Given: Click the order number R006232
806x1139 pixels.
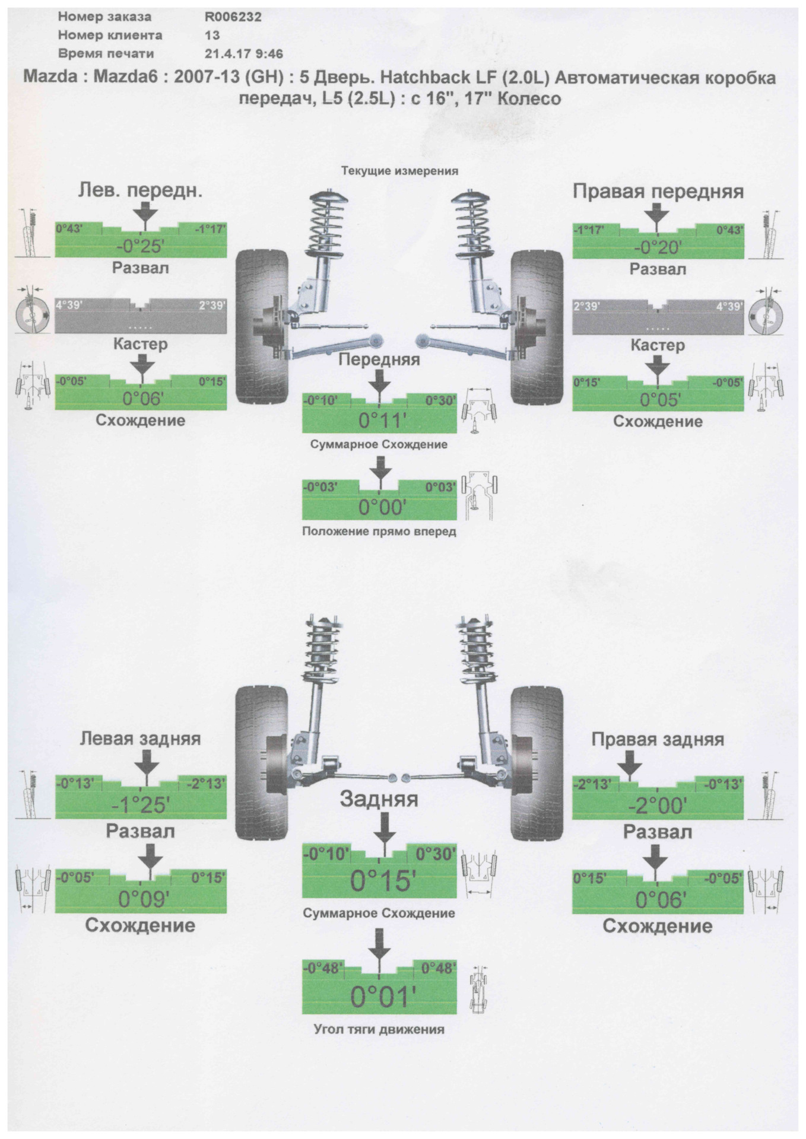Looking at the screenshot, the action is point(233,17).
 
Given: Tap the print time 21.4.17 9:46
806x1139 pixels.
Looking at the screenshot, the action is point(243,53).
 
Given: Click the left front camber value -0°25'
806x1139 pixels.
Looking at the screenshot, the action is point(141,247).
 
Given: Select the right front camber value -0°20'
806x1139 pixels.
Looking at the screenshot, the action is point(657,248).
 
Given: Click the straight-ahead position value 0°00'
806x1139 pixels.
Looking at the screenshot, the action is point(379,507).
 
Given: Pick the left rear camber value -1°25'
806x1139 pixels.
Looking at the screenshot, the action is point(141,805).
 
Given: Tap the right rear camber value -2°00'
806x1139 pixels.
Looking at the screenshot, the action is point(657,806).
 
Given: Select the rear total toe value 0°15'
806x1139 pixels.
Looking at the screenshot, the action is point(379,882).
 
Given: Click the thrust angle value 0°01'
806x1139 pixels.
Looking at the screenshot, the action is point(379,997).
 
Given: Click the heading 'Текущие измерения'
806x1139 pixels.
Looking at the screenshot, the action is point(399,171).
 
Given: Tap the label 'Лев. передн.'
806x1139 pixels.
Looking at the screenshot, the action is point(140,190).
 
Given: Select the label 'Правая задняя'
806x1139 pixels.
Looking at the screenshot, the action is point(658,739).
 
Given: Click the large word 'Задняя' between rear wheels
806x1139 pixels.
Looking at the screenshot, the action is point(379,799).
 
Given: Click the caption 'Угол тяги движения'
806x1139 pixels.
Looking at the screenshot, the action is point(379,1029).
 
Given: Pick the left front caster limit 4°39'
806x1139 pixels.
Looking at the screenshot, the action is point(69,306).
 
